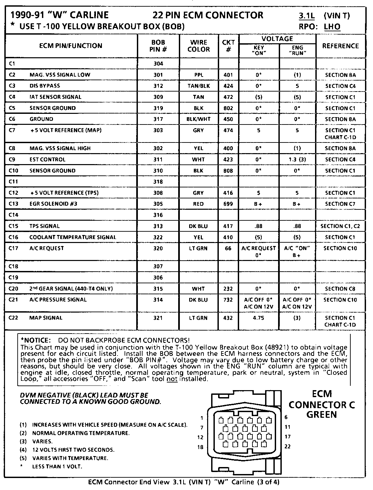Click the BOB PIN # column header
point(159,46)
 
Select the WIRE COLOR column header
point(199,46)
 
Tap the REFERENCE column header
point(340,46)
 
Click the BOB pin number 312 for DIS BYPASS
point(159,86)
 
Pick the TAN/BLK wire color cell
point(198,86)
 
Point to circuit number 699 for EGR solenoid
point(228,204)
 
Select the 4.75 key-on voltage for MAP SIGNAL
point(258,318)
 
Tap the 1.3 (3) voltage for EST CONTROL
point(297,159)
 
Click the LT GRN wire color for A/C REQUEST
point(198,248)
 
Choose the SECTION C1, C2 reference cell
point(340,226)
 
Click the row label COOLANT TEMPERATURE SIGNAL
point(73,237)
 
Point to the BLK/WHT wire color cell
point(198,119)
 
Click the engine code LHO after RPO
point(332,27)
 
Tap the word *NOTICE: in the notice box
point(35,341)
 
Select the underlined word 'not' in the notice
point(172,379)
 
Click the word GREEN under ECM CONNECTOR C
point(321,415)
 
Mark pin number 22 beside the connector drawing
point(287,446)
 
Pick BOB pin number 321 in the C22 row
point(159,318)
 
